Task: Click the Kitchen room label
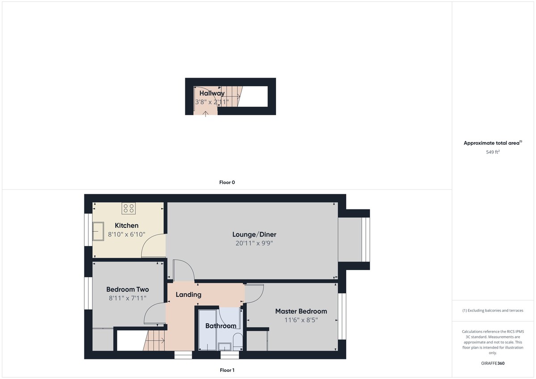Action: click(x=126, y=225)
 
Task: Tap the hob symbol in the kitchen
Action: click(x=129, y=208)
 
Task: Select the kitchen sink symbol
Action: click(x=98, y=231)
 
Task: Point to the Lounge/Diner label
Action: click(x=254, y=234)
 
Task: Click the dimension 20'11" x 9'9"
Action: click(x=254, y=243)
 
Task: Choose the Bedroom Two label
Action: click(x=128, y=289)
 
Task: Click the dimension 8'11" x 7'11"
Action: click(x=128, y=298)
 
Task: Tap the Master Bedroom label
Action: click(x=301, y=311)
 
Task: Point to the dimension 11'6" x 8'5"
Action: click(x=301, y=320)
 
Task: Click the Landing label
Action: click(x=188, y=295)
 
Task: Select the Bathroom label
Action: click(x=221, y=326)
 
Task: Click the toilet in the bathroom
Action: click(x=238, y=341)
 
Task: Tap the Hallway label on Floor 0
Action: click(x=212, y=93)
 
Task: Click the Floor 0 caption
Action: click(x=227, y=183)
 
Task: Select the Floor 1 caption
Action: click(x=227, y=370)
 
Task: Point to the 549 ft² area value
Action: click(x=493, y=152)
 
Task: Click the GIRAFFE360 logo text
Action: click(x=493, y=363)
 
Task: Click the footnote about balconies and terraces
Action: click(x=493, y=310)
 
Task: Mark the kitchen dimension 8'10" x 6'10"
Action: click(x=126, y=234)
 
